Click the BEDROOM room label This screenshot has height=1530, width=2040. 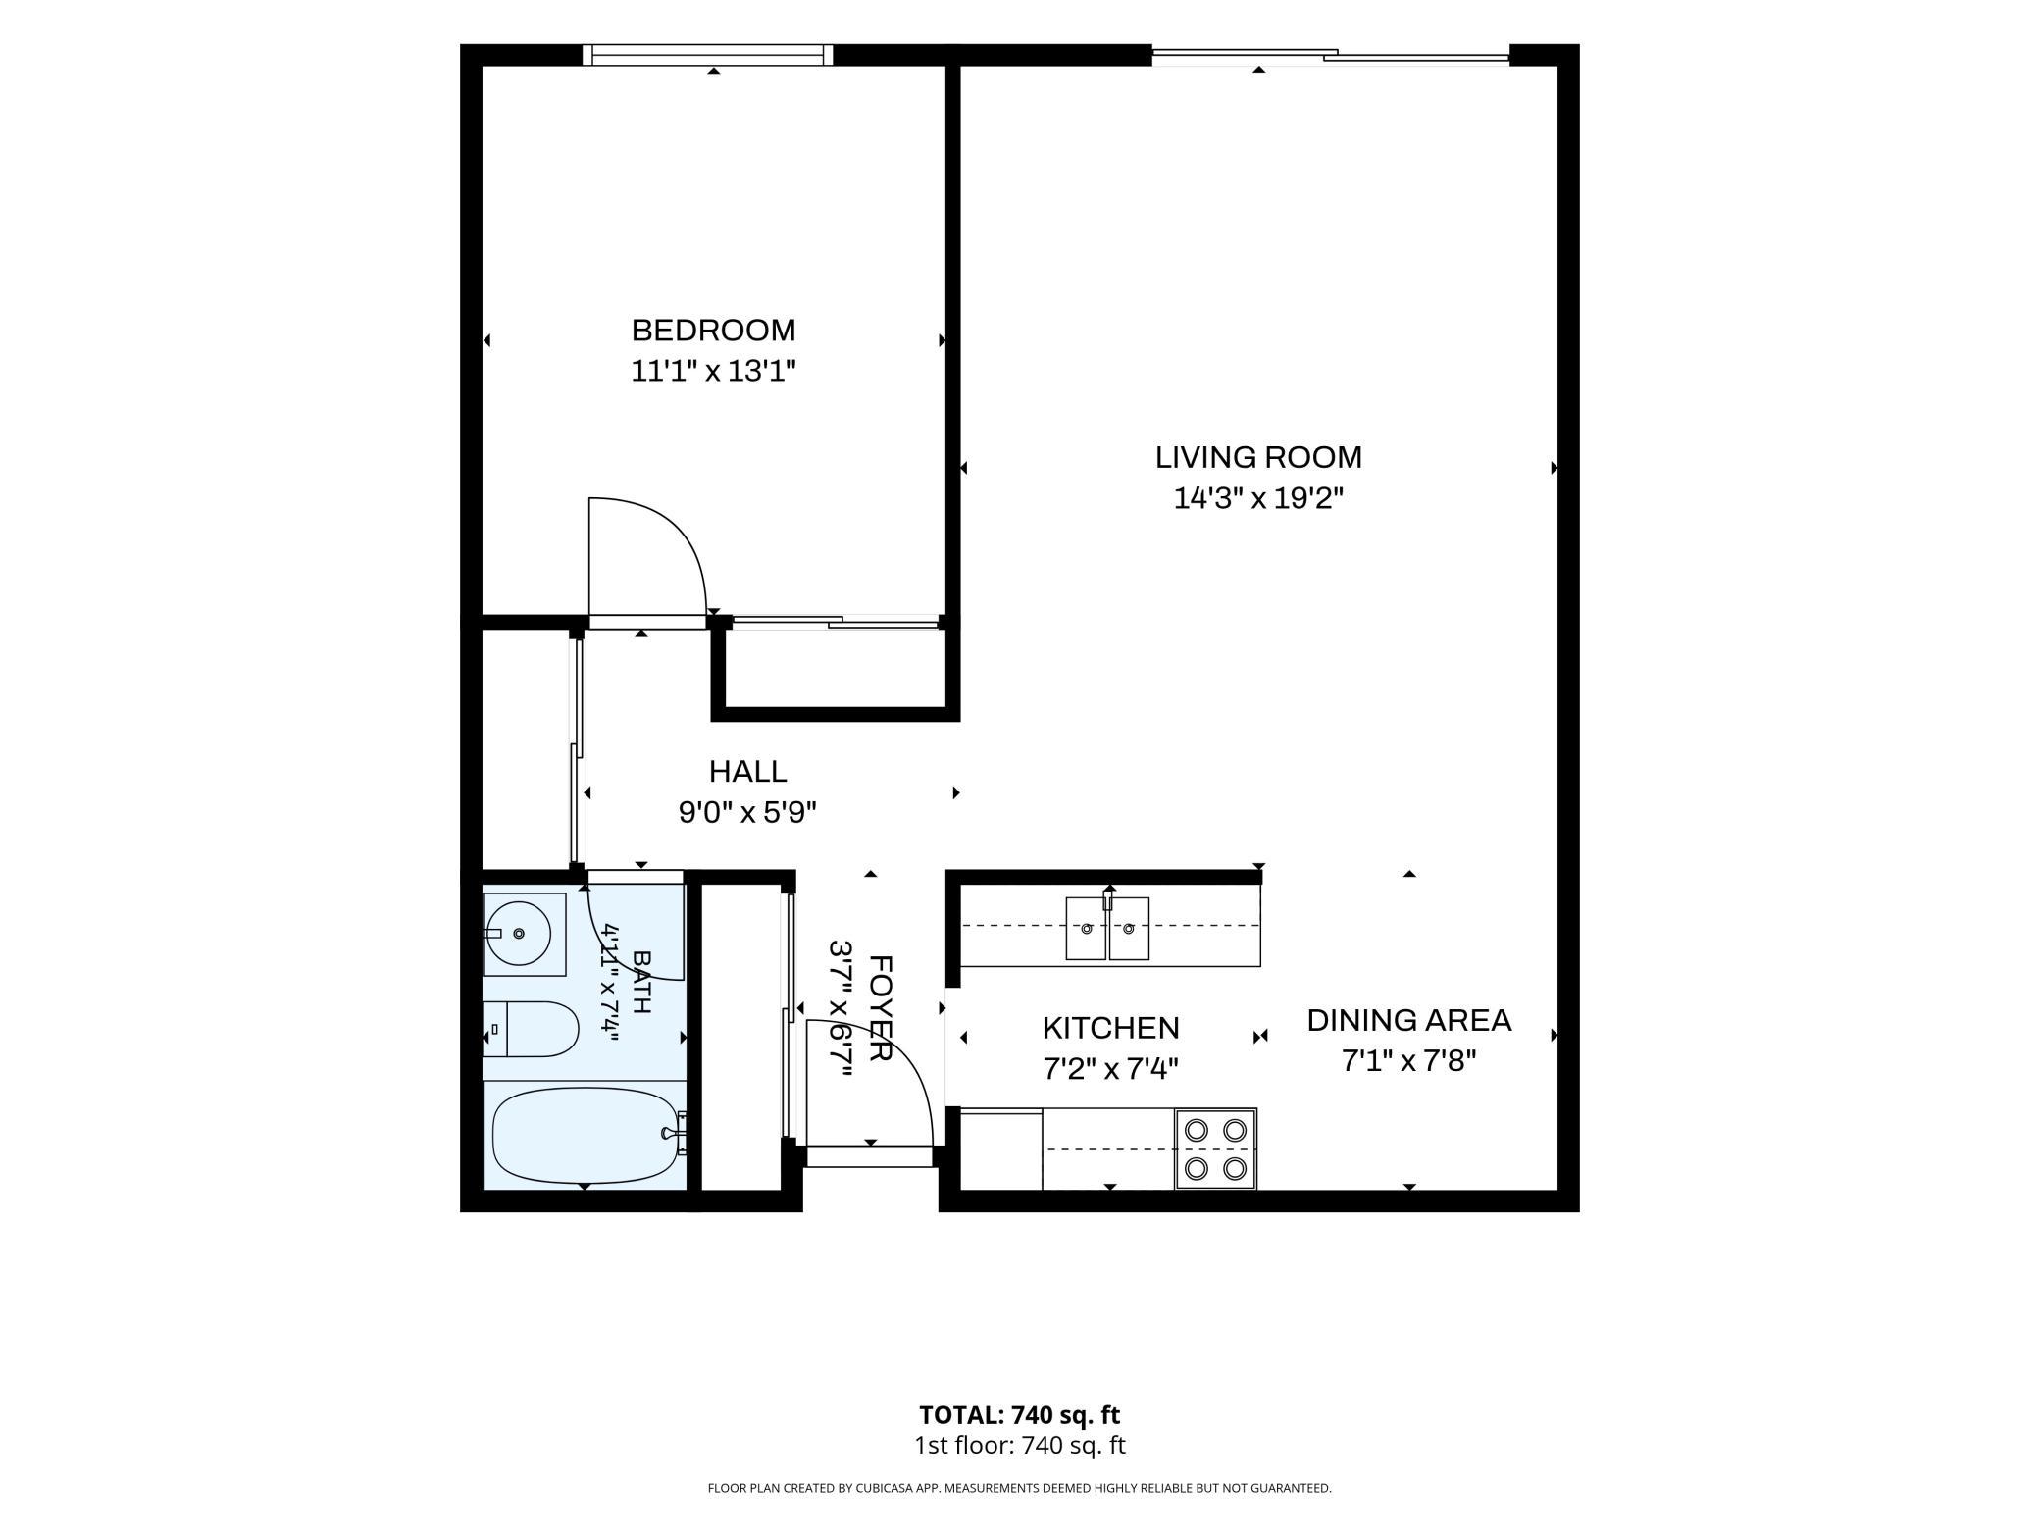pyautogui.click(x=713, y=330)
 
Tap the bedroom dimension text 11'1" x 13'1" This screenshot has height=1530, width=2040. pyautogui.click(x=713, y=372)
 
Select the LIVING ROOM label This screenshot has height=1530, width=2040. pyautogui.click(x=1258, y=457)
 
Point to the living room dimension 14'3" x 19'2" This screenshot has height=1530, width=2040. pyautogui.click(x=1258, y=499)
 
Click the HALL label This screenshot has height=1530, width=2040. pyautogui.click(x=747, y=772)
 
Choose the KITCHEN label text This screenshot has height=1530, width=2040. pyautogui.click(x=1110, y=1028)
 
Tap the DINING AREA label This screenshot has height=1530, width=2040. pyautogui.click(x=1409, y=1020)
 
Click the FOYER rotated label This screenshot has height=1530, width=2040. pyautogui.click(x=880, y=1008)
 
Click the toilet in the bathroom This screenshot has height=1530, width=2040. pyautogui.click(x=531, y=1029)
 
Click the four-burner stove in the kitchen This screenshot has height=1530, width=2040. pyautogui.click(x=1215, y=1149)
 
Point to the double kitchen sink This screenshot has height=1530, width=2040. pyautogui.click(x=1107, y=928)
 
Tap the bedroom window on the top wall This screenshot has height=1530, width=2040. pyautogui.click(x=707, y=55)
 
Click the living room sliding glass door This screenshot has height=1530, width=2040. pyautogui.click(x=1330, y=56)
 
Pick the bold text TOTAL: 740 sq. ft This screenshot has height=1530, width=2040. pyautogui.click(x=1019, y=1415)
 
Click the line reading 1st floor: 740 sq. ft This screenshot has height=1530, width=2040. pyautogui.click(x=1019, y=1445)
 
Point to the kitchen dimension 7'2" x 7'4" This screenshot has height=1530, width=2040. pyautogui.click(x=1110, y=1068)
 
